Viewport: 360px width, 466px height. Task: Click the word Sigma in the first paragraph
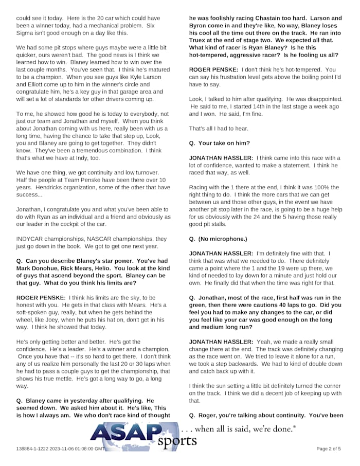(26, 33)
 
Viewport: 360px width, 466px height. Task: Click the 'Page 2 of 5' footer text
(328, 449)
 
